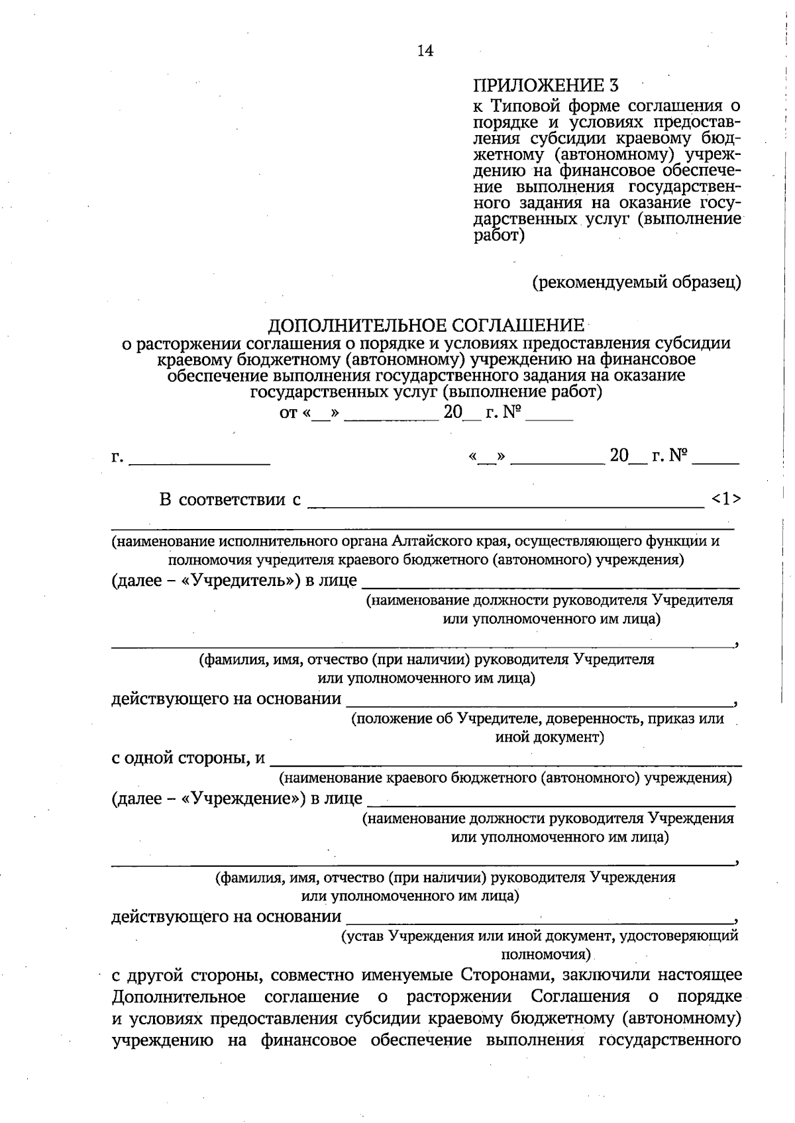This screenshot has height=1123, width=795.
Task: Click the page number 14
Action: pyautogui.click(x=425, y=51)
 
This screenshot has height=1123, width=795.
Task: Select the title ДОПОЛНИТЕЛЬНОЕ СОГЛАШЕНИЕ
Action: pyautogui.click(x=426, y=326)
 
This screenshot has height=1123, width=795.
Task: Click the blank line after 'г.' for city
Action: pyautogui.click(x=199, y=462)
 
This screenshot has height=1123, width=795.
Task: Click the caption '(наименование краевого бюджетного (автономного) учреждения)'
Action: pyautogui.click(x=505, y=777)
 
